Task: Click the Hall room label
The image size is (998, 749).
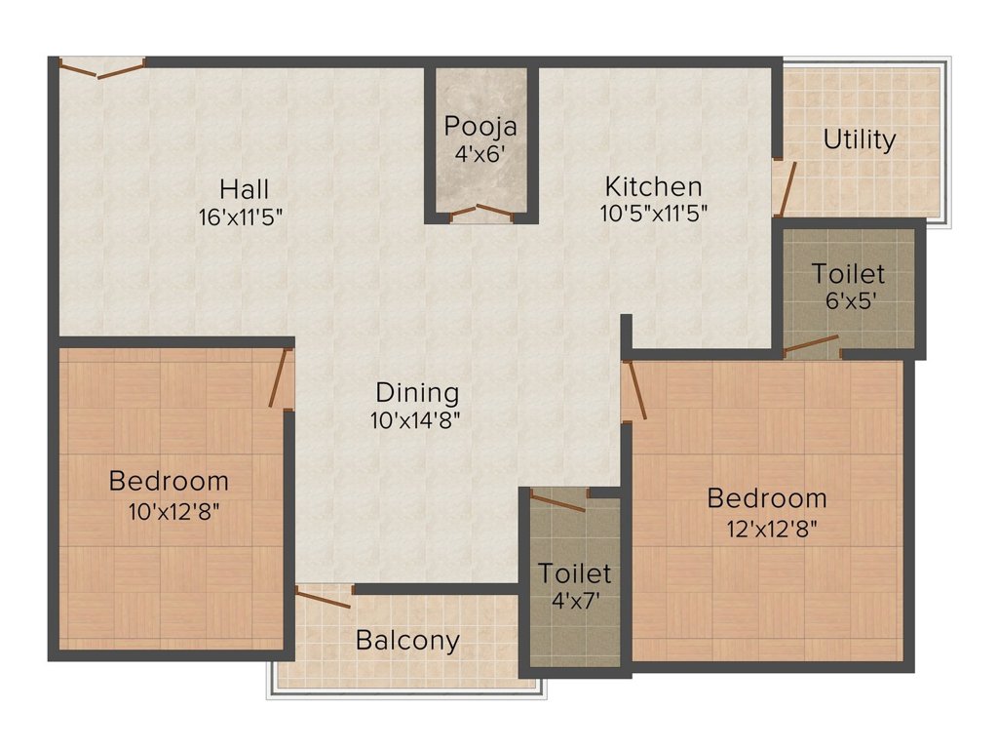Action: click(244, 188)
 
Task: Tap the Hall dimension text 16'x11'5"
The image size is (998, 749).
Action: click(240, 217)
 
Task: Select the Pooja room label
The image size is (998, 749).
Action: click(480, 126)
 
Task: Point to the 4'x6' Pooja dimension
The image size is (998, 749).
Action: click(480, 153)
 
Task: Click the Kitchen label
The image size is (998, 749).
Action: click(653, 186)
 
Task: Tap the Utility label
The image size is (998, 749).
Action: click(859, 139)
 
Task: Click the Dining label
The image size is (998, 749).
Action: click(417, 393)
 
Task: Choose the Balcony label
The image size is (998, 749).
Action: click(407, 641)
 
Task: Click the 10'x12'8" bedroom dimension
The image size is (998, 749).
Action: click(170, 510)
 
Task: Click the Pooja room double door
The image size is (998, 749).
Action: click(480, 210)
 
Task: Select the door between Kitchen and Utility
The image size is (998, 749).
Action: click(786, 188)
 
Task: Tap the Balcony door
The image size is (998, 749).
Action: click(324, 597)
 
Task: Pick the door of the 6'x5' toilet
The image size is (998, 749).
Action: click(812, 343)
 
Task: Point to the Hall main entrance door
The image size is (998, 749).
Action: click(101, 68)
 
